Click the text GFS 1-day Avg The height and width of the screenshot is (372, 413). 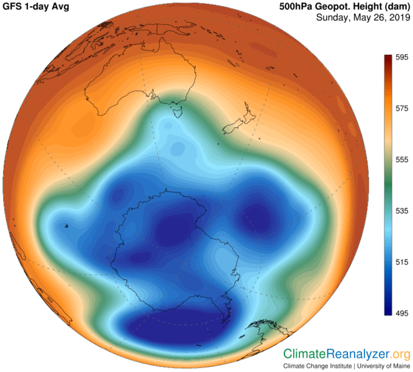click(x=36, y=7)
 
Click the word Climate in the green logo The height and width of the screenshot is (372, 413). click(x=305, y=354)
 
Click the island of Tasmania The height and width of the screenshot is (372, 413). click(x=176, y=112)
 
